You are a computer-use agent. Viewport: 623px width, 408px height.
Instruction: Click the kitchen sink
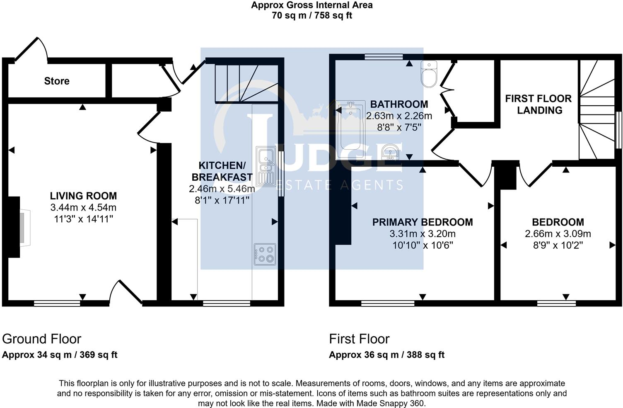coord(266,166)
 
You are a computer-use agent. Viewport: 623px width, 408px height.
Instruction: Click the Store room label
coord(57,81)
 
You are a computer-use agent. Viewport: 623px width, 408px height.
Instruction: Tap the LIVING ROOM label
coord(83,196)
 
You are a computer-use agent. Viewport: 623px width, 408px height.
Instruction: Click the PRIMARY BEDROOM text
coord(422,222)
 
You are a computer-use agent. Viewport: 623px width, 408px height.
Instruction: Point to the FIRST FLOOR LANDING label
coord(538,104)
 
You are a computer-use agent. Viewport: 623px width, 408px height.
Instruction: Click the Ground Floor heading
coord(41,339)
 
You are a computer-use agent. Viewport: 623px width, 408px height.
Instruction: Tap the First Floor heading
coord(359,339)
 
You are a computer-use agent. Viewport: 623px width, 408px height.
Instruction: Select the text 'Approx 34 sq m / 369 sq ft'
coord(60,355)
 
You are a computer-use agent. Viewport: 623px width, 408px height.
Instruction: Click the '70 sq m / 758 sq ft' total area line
coord(311,16)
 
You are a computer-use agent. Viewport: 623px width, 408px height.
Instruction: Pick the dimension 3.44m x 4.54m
coord(83,207)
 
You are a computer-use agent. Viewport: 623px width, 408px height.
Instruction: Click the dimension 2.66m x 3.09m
coord(558,234)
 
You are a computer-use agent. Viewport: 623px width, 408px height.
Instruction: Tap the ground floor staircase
coord(246,83)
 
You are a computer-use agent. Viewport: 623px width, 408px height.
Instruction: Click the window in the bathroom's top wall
coord(384,57)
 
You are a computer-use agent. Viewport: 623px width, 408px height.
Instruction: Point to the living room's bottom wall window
coord(57,304)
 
